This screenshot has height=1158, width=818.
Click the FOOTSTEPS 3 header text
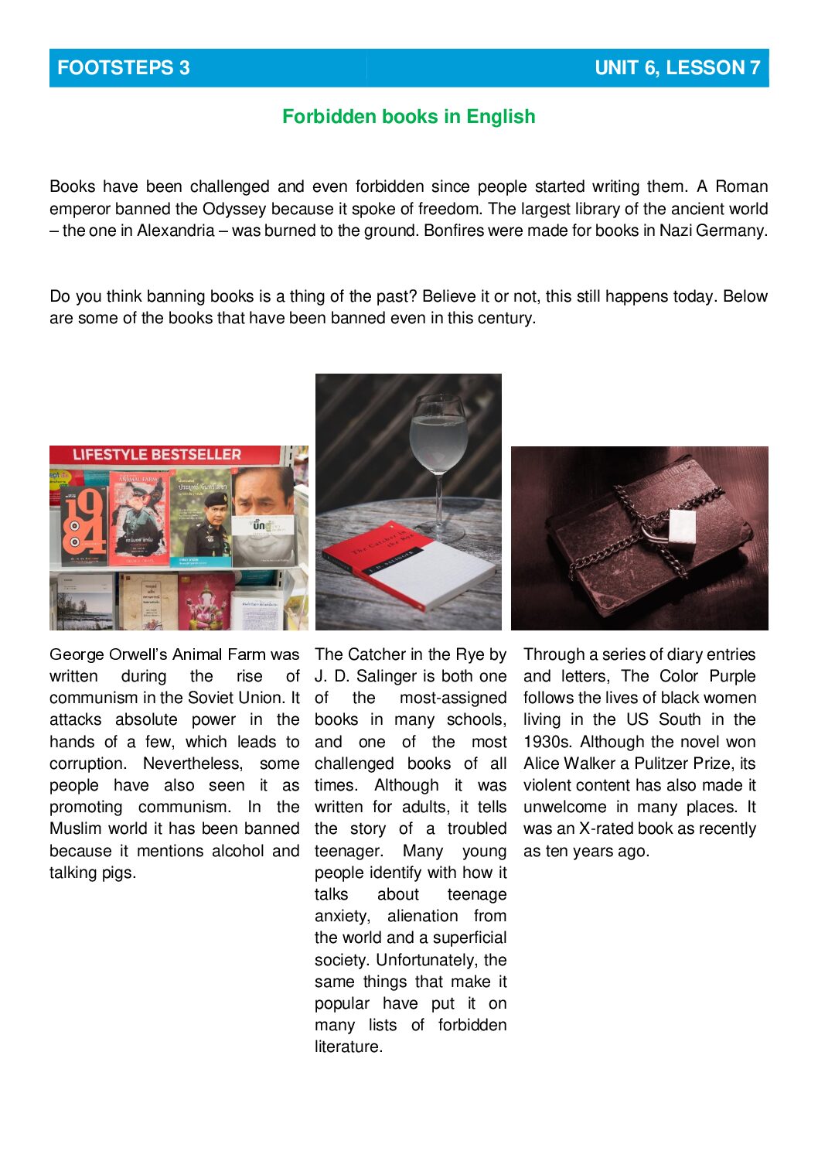pyautogui.click(x=123, y=68)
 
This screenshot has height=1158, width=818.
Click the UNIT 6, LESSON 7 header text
pyautogui.click(x=677, y=68)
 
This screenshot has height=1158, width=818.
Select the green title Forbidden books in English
pyautogui.click(x=408, y=117)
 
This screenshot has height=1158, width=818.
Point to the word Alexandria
pyautogui.click(x=176, y=231)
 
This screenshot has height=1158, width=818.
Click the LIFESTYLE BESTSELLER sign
pyautogui.click(x=157, y=455)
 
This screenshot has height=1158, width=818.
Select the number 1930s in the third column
pyautogui.click(x=547, y=742)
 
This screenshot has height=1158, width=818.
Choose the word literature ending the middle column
pyautogui.click(x=347, y=1047)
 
